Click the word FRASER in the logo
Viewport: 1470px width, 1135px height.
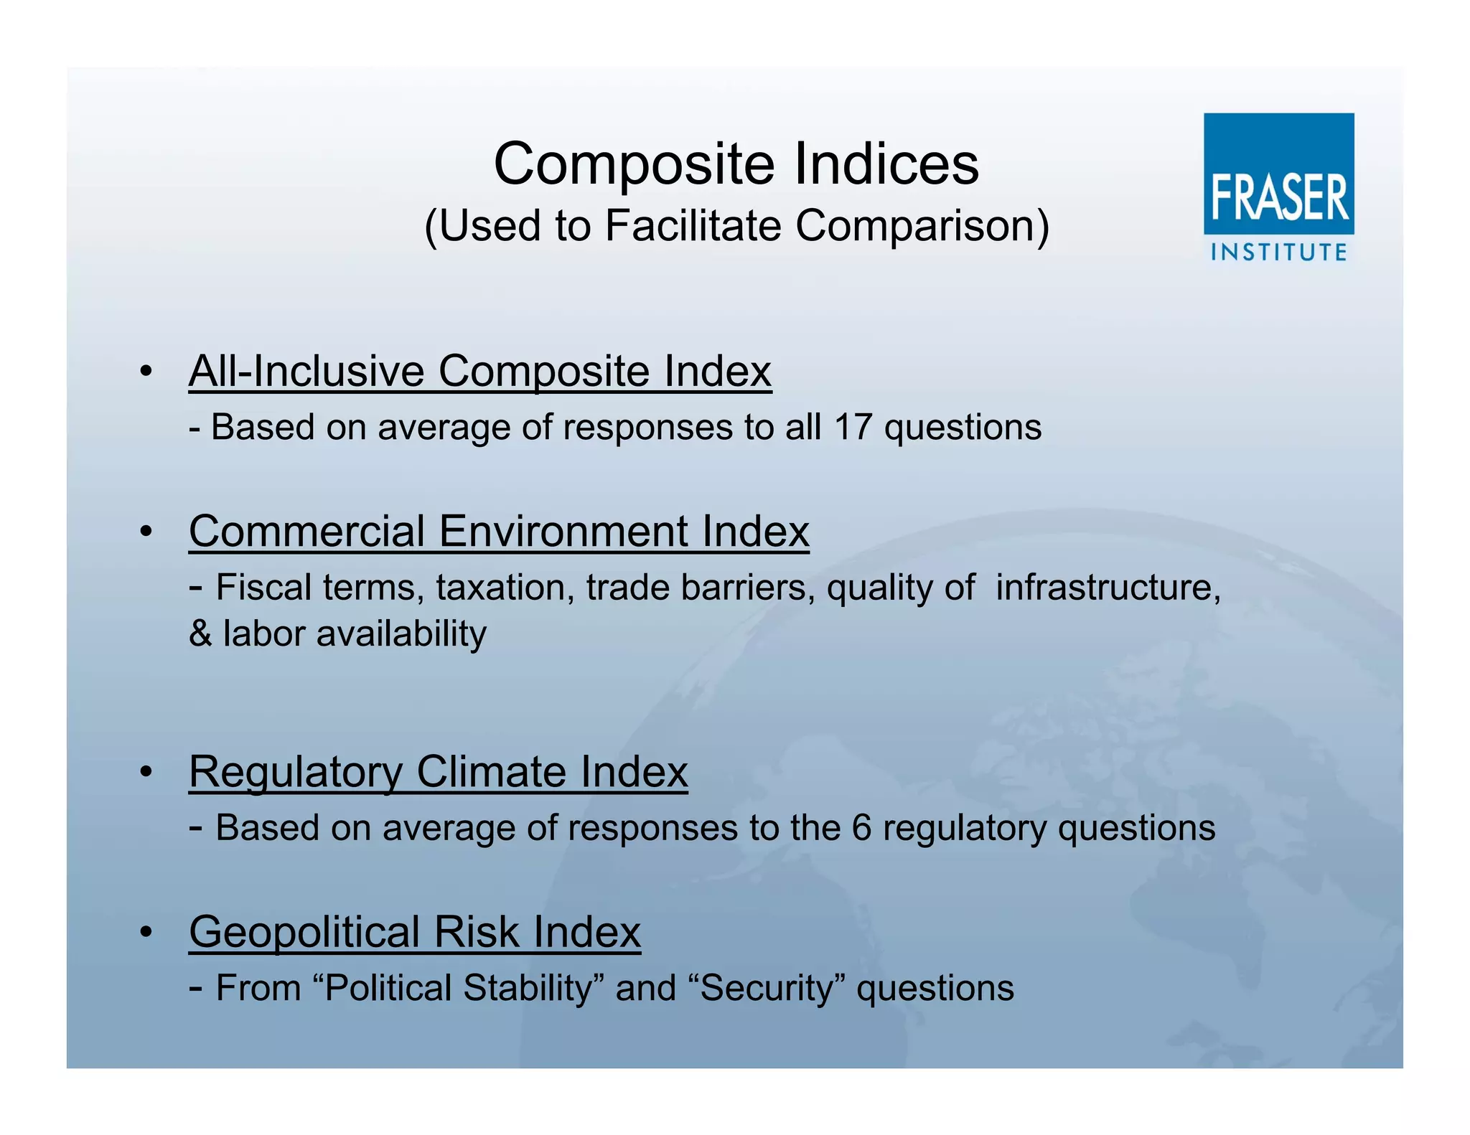(x=1280, y=197)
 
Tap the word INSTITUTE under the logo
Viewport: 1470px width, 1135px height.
(x=1278, y=253)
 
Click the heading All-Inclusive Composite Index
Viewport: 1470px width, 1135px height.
(x=479, y=372)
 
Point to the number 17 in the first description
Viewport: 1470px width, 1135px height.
(x=852, y=428)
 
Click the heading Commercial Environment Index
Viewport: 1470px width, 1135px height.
(x=499, y=532)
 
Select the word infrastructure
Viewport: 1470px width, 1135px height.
(x=1108, y=588)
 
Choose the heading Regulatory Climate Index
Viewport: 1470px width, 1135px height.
(x=438, y=772)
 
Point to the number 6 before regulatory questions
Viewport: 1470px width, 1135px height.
(x=861, y=828)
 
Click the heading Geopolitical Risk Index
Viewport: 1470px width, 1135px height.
(x=414, y=932)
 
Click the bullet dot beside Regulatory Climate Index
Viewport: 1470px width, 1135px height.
(x=146, y=773)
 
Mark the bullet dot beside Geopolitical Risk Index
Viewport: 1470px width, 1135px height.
(x=146, y=933)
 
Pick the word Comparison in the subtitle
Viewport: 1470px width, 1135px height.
(x=922, y=226)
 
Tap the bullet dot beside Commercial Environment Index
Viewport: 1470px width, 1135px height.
(x=146, y=532)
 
